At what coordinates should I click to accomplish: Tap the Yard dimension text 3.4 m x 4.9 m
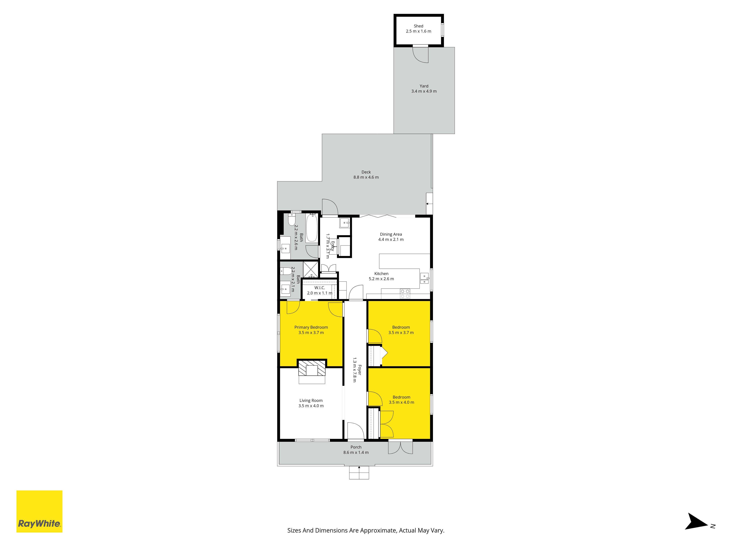424,91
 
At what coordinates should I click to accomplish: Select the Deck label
366,172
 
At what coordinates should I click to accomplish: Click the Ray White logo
39,511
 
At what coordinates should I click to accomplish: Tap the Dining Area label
391,234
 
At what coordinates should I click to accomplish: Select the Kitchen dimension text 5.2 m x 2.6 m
381,279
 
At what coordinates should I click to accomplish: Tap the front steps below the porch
359,473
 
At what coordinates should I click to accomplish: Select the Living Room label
311,400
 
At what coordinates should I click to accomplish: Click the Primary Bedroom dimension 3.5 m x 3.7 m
311,333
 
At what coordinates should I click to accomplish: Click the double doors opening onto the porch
400,447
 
